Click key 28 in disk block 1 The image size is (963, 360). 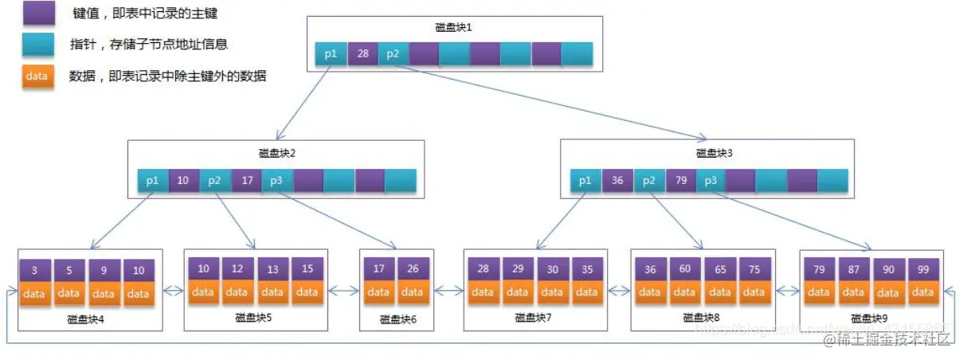coord(362,54)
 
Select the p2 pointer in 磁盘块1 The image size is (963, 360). coord(393,54)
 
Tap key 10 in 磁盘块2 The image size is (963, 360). coord(183,181)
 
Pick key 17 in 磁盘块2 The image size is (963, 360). coord(247,181)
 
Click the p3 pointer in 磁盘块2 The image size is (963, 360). coord(276,181)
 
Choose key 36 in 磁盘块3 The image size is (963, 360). coord(617,181)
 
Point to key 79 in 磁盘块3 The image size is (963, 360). coord(681,181)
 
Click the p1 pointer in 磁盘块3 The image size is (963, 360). coord(585,181)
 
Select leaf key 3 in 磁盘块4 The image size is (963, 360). coord(34,271)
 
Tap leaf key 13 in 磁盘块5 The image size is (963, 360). coord(272,269)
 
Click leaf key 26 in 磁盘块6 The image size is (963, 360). coord(413,269)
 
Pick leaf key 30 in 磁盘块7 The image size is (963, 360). coord(552,269)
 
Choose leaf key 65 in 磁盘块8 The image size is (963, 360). coord(720,269)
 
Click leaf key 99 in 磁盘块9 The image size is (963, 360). coord(923,269)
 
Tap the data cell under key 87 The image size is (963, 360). coord(853,292)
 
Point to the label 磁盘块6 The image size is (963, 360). coord(396,319)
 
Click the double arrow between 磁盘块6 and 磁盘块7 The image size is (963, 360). coord(448,292)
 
